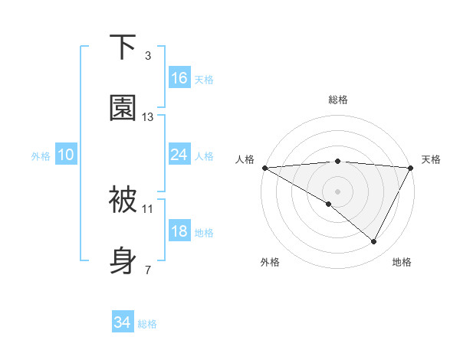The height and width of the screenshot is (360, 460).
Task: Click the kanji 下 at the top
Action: pyautogui.click(x=123, y=47)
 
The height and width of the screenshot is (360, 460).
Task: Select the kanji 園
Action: pyautogui.click(x=123, y=108)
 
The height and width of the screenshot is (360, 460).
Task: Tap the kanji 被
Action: pyautogui.click(x=123, y=200)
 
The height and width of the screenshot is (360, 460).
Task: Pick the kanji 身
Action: pyautogui.click(x=123, y=261)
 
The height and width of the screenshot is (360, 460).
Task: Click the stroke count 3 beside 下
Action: pyautogui.click(x=148, y=56)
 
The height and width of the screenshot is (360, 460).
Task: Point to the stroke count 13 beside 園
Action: pyautogui.click(x=148, y=117)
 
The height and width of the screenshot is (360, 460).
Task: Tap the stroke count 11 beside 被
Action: pyautogui.click(x=148, y=208)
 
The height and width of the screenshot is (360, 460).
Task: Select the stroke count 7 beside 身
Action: pyautogui.click(x=148, y=270)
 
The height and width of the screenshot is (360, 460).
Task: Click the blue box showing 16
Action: pyautogui.click(x=179, y=78)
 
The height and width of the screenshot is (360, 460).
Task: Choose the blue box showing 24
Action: pyautogui.click(x=179, y=155)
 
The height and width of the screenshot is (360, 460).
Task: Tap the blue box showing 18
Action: pyautogui.click(x=179, y=231)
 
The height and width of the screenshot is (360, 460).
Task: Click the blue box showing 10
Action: pyautogui.click(x=66, y=155)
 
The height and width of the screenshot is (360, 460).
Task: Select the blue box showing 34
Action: pyautogui.click(x=123, y=322)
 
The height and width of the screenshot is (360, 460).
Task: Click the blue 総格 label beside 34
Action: pyautogui.click(x=148, y=324)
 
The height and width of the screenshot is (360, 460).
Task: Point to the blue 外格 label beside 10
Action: pyautogui.click(x=41, y=156)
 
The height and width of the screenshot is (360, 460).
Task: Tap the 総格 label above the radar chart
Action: pyautogui.click(x=337, y=100)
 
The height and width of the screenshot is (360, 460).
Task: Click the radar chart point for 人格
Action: pyautogui.click(x=264, y=168)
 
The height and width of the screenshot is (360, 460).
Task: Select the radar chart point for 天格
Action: pyautogui.click(x=411, y=168)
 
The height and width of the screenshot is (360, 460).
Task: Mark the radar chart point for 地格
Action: pyautogui.click(x=374, y=242)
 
